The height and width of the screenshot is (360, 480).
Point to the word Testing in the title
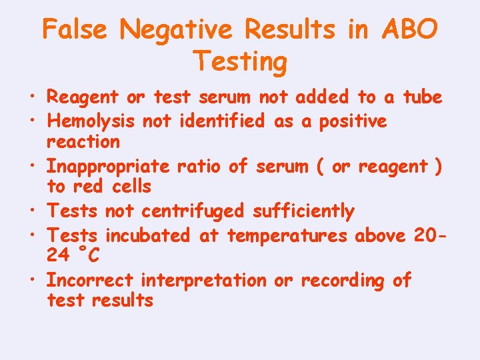pyautogui.click(x=240, y=62)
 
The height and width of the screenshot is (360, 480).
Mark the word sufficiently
pyautogui.click(x=303, y=212)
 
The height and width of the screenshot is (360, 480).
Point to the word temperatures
pyautogui.click(x=287, y=235)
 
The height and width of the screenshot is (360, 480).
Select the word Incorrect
pyautogui.click(x=90, y=281)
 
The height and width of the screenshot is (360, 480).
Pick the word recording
pyautogui.click(x=343, y=281)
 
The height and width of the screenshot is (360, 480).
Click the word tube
pyautogui.click(x=423, y=97)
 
